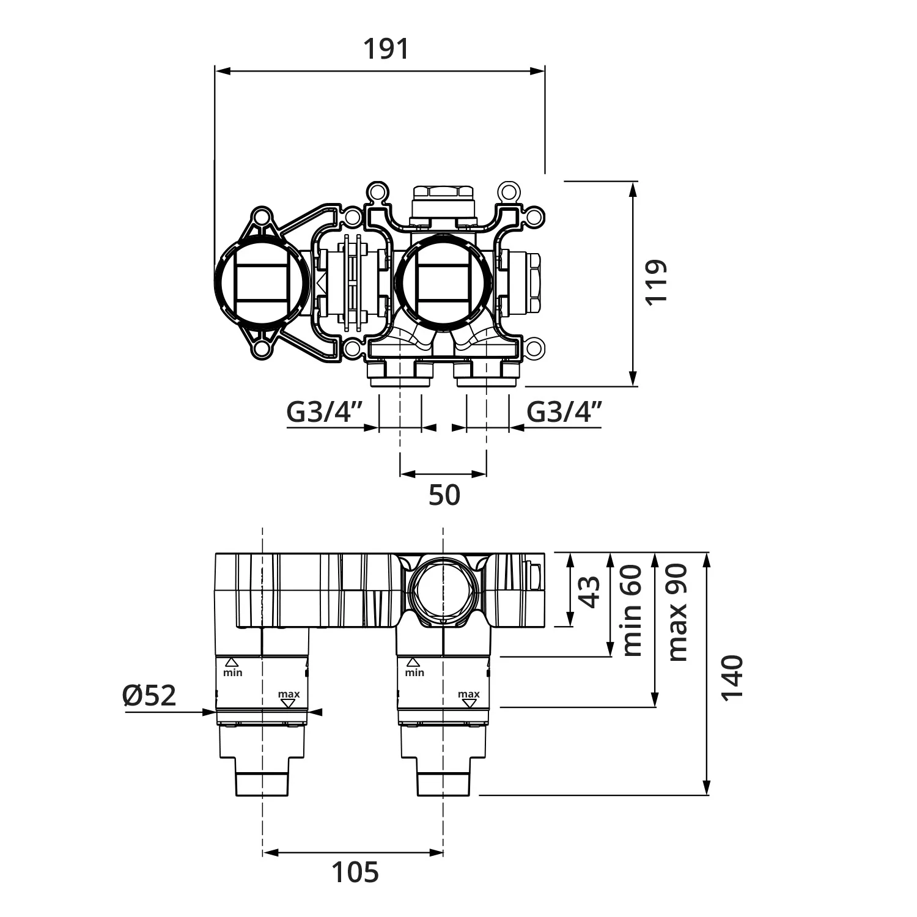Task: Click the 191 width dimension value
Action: (x=386, y=49)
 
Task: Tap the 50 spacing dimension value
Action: (x=444, y=495)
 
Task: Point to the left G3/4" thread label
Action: (x=325, y=412)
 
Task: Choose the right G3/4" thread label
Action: (x=565, y=412)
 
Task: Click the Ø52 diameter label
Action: (x=149, y=695)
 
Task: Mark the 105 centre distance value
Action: (x=355, y=872)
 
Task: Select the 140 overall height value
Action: (x=732, y=678)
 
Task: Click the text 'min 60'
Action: (x=632, y=610)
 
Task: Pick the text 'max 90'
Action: (x=677, y=613)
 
